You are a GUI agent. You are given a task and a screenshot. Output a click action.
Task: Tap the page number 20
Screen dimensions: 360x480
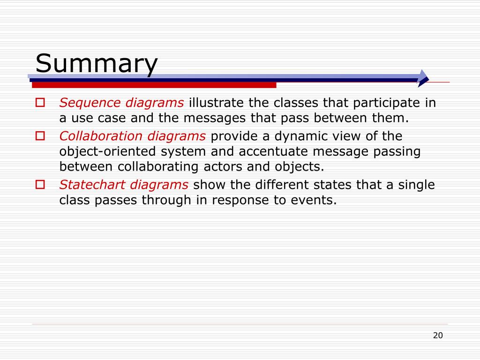(438, 335)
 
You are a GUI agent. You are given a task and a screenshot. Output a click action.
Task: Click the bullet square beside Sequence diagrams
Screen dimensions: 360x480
(40, 102)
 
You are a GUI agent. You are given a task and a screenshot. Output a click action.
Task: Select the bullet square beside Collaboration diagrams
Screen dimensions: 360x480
(40, 136)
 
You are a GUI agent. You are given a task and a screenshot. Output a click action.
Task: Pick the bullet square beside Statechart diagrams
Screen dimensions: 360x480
(40, 184)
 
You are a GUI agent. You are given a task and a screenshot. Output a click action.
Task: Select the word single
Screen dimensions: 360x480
(417, 185)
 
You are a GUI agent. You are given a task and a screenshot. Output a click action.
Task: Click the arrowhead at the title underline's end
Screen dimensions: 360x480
(423, 78)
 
